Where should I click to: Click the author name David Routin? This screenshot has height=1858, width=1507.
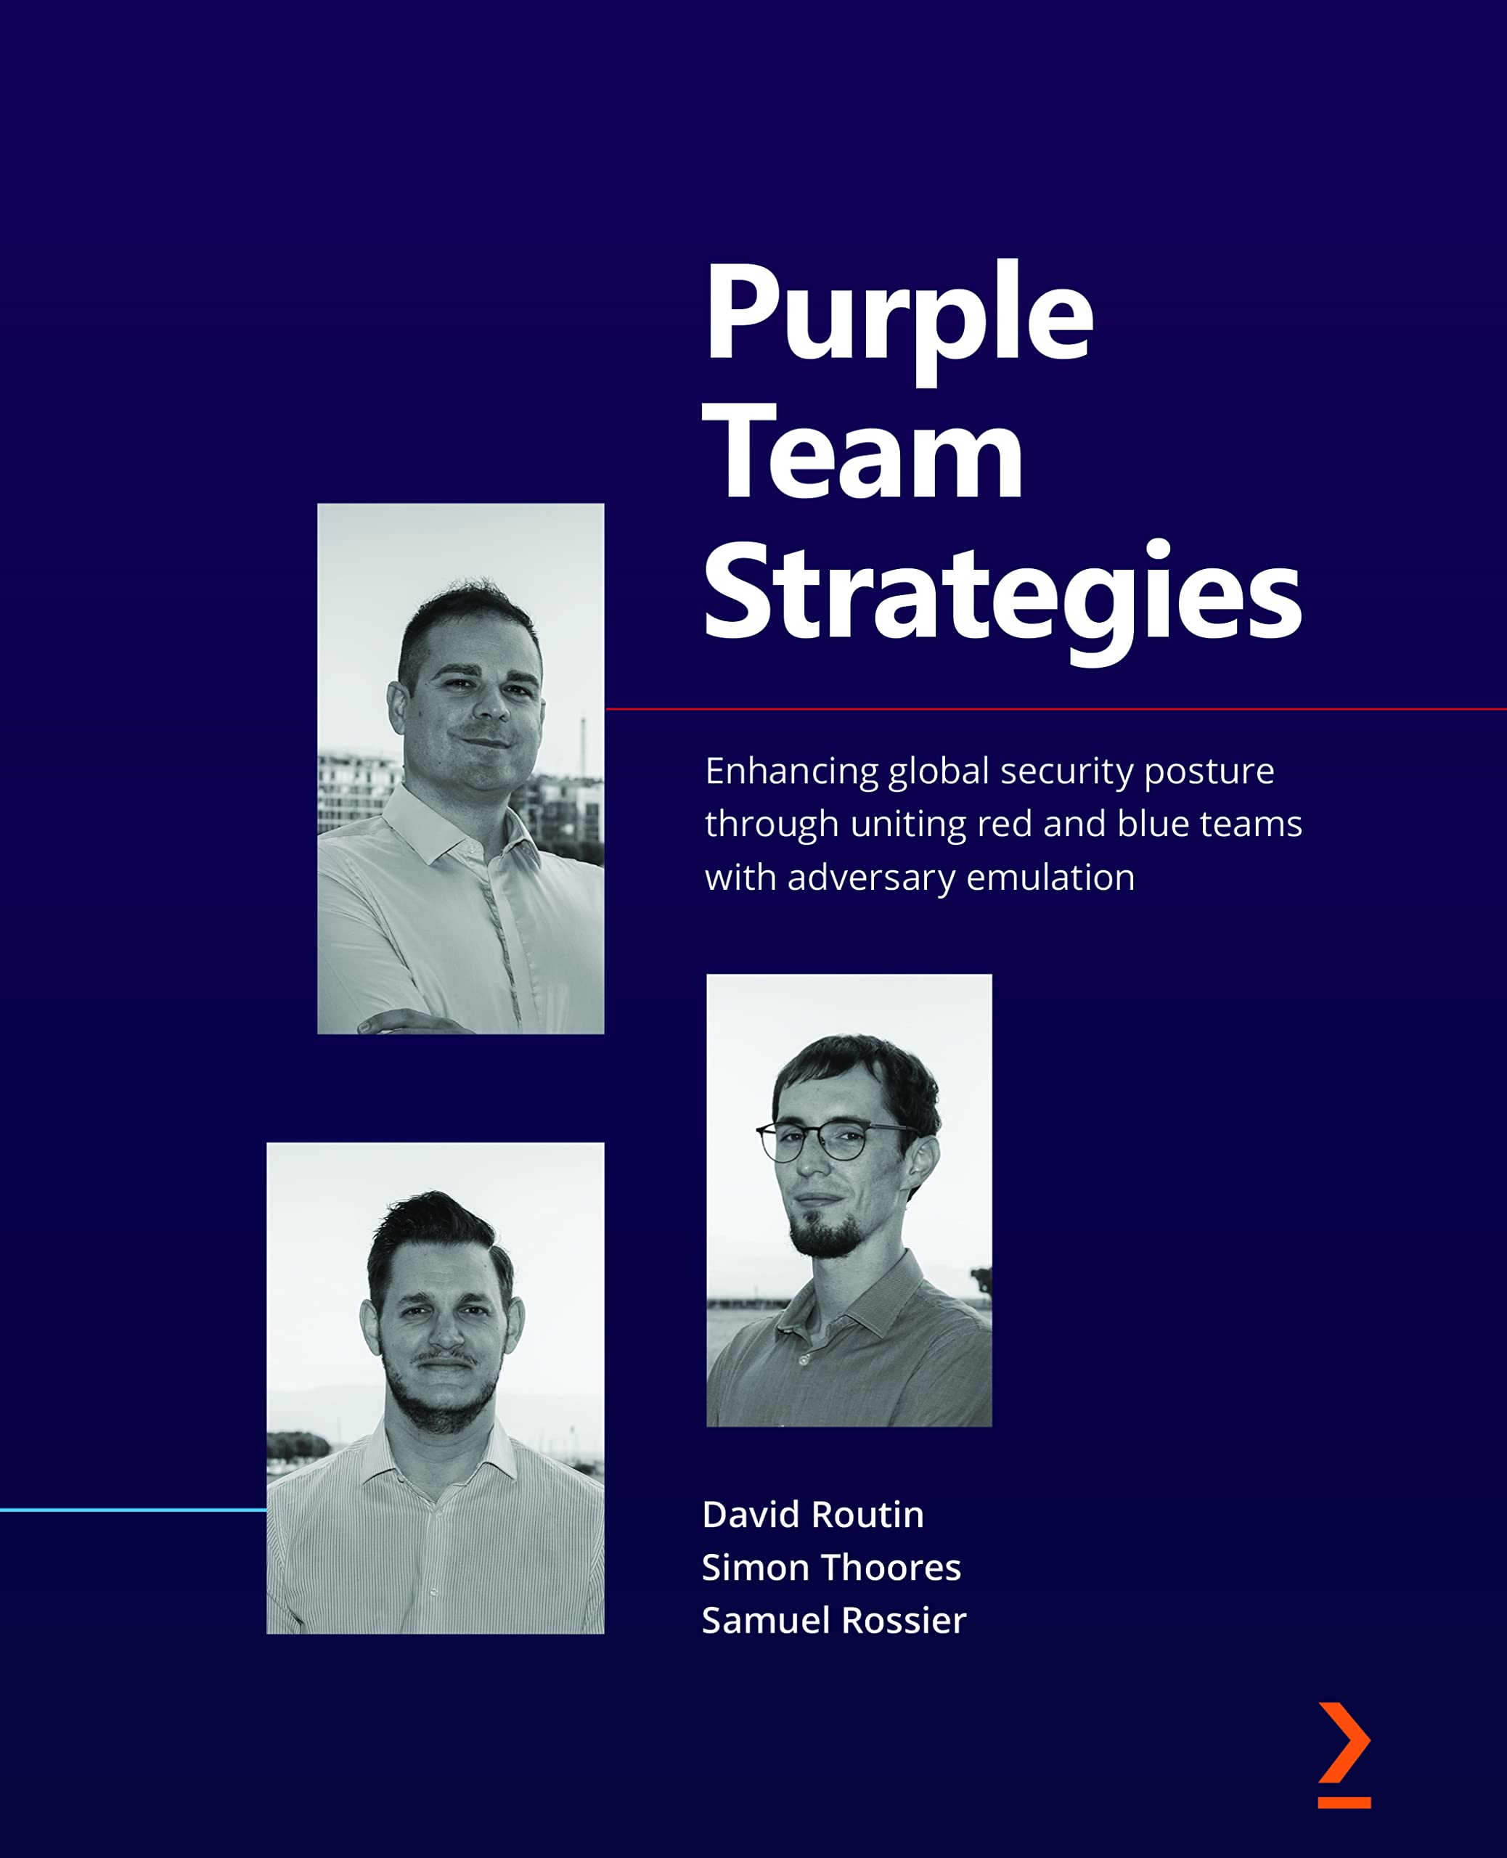812,1515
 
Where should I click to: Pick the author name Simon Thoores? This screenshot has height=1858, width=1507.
830,1567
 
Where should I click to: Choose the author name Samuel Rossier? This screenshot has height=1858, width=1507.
833,1620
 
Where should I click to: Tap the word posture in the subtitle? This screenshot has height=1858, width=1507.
1209,772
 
